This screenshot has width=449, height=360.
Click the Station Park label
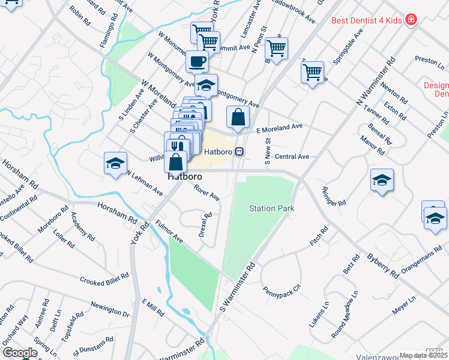(272, 208)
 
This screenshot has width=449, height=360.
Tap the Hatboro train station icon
(240, 152)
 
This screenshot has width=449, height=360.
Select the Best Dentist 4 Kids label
(367, 20)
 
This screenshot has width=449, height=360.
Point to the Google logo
(19, 353)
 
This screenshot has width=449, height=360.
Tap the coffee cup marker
(197, 61)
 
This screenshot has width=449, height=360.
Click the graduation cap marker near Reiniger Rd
(382, 180)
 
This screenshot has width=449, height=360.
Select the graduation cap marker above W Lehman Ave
(115, 163)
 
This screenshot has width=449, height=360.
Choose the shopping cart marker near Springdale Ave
(312, 72)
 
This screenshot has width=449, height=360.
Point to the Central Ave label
(291, 157)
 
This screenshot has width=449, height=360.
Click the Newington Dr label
(109, 309)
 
